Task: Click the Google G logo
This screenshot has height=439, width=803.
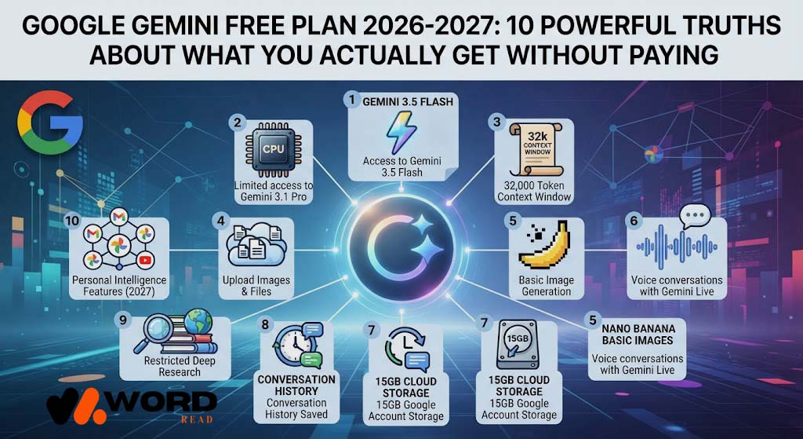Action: click(50, 123)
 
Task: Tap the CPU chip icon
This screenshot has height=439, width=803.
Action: click(273, 149)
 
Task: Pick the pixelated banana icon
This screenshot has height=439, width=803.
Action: click(544, 245)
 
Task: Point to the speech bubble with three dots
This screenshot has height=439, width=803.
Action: click(695, 217)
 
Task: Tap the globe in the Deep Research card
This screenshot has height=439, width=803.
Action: click(198, 322)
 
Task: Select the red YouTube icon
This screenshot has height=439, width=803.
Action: click(145, 261)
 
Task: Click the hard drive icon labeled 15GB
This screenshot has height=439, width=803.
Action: click(518, 344)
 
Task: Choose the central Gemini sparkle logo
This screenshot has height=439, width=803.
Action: click(402, 251)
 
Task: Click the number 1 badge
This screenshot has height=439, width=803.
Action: click(352, 100)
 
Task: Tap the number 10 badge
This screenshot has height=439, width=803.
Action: click(72, 221)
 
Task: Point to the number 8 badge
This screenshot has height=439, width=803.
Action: click(265, 324)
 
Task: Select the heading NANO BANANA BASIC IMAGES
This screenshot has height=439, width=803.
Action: click(638, 335)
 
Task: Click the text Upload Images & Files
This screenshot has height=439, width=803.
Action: click(256, 286)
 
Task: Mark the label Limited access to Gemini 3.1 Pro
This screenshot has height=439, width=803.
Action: click(274, 191)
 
